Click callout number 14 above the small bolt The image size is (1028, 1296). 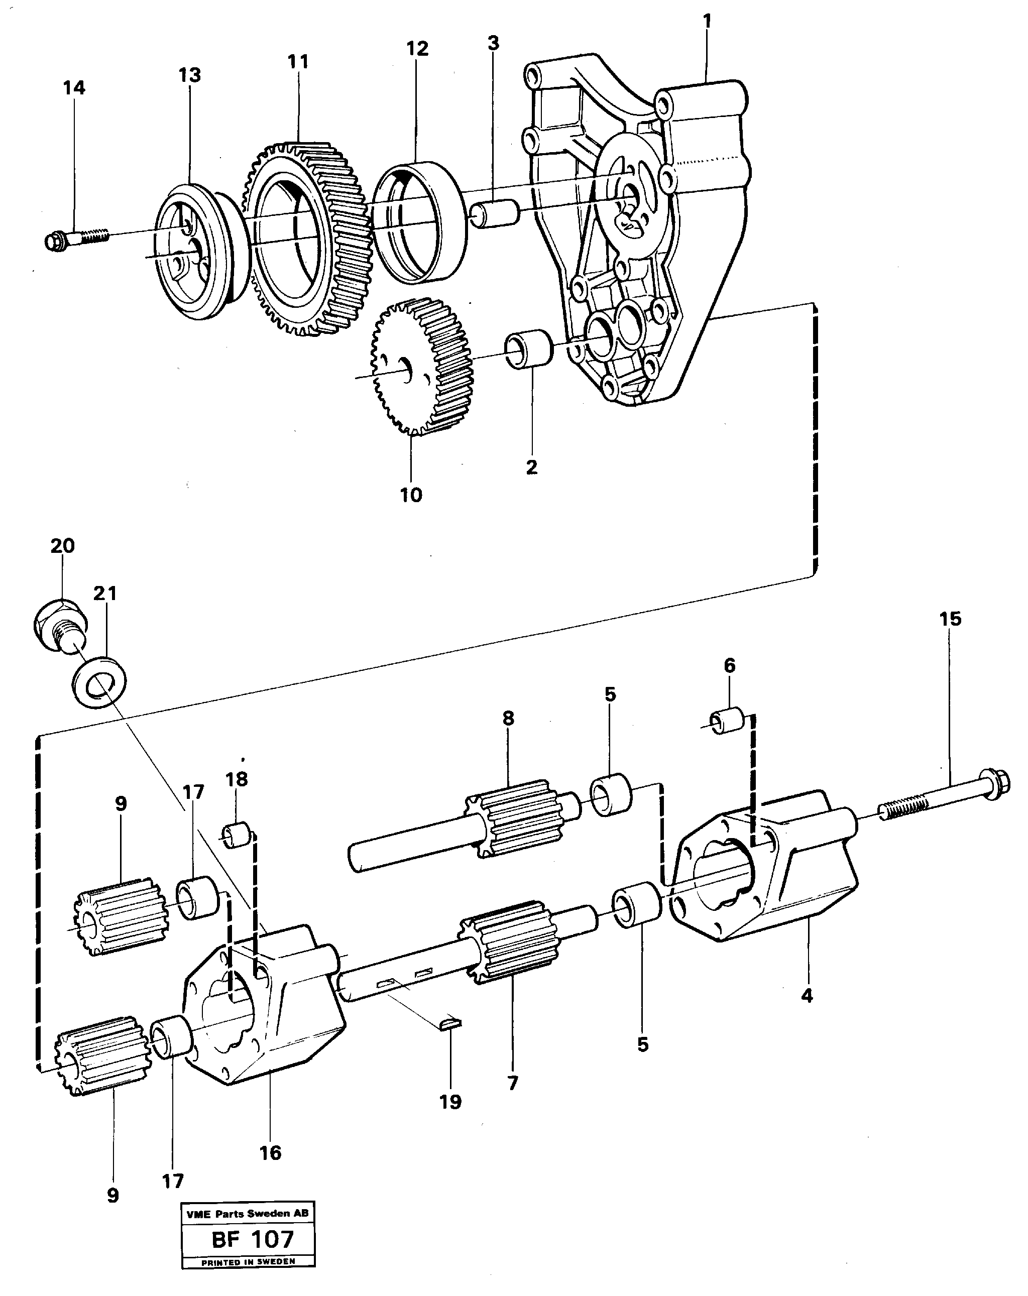pos(74,88)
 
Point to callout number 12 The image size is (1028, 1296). pos(417,49)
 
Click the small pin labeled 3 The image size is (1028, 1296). pos(494,214)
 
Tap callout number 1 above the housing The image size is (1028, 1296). pos(707,21)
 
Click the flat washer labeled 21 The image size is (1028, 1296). pos(99,682)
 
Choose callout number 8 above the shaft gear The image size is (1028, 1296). pos(509,718)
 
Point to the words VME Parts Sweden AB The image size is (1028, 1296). pos(247,1213)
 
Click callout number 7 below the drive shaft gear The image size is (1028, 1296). pos(512,1083)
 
